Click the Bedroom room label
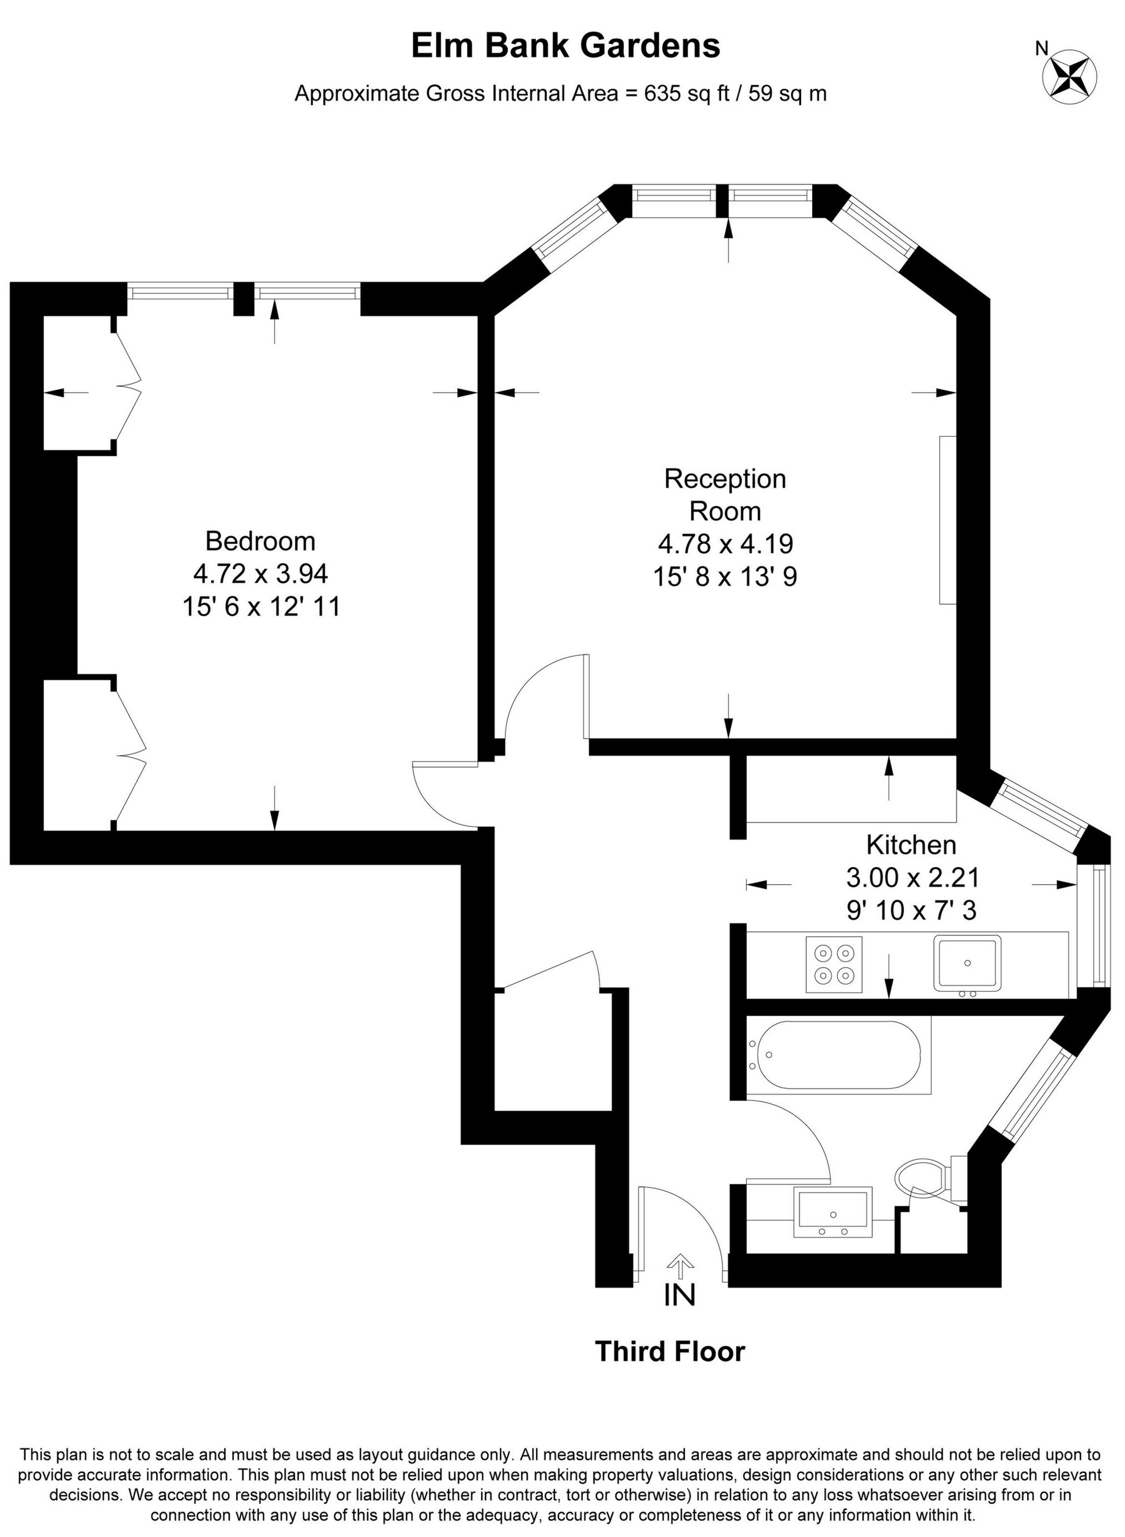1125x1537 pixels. click(x=260, y=541)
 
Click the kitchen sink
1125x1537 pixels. click(x=967, y=963)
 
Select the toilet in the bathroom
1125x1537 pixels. click(x=921, y=1175)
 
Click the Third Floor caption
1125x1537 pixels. click(x=670, y=1352)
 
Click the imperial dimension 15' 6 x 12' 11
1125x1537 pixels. click(x=261, y=606)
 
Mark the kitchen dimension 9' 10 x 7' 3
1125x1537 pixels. click(x=911, y=910)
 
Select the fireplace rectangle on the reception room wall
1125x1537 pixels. click(x=947, y=520)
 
